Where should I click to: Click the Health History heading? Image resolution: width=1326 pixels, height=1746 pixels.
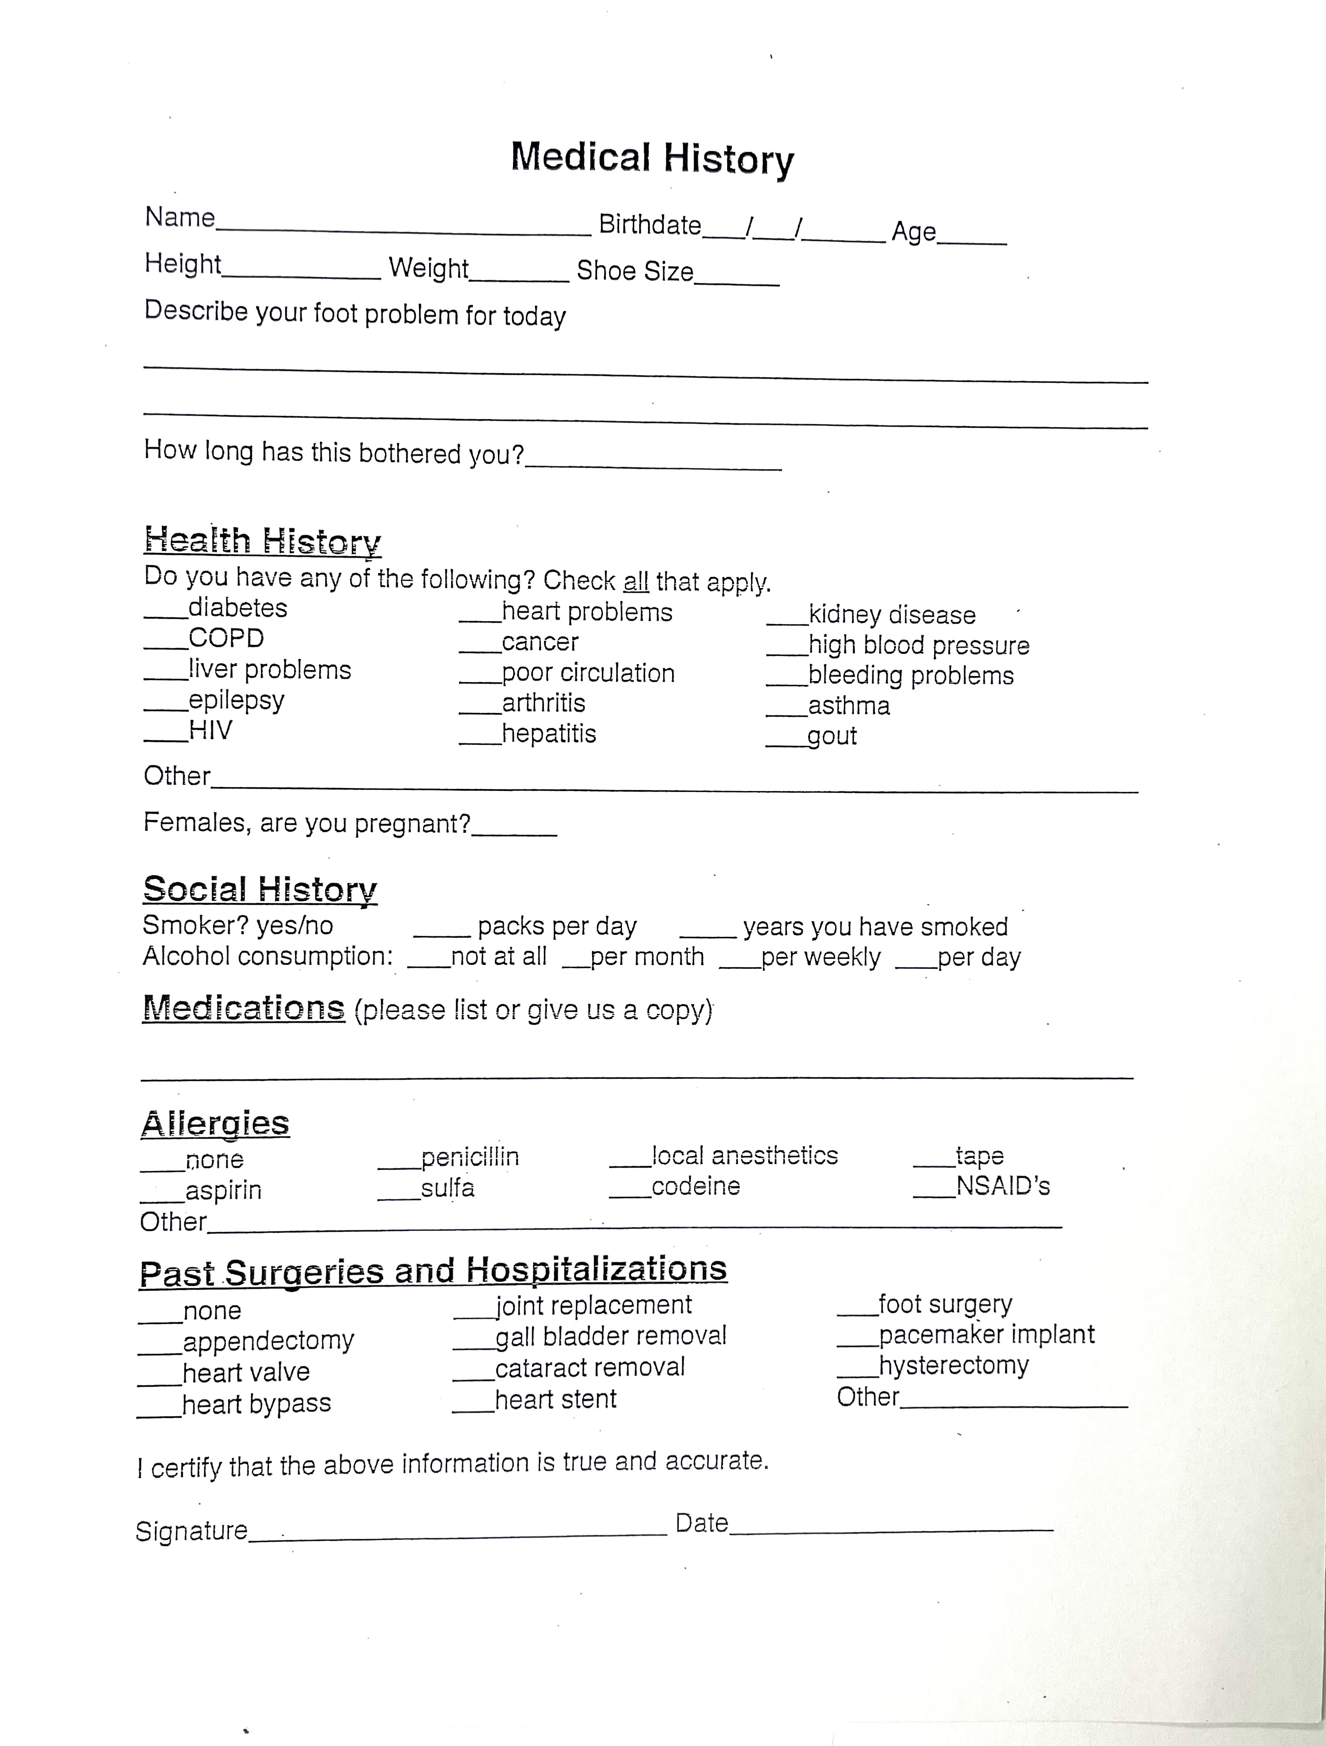pyautogui.click(x=262, y=542)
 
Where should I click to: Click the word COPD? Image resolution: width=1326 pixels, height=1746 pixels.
pyautogui.click(x=226, y=638)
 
